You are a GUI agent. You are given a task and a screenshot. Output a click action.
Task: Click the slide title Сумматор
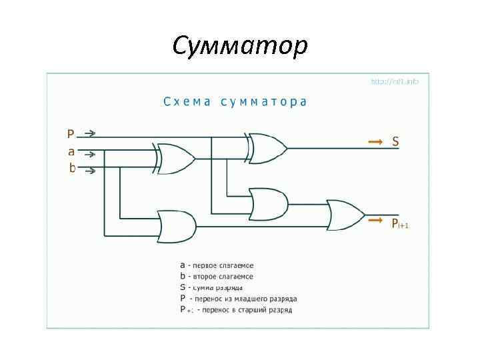tap(240, 46)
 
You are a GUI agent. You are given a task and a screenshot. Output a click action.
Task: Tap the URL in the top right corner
tap(395, 82)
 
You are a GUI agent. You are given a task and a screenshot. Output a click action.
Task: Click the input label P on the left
tap(71, 133)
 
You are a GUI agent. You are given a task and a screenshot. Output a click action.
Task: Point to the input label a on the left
tap(71, 151)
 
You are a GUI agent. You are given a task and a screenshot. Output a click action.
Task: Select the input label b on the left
tap(72, 168)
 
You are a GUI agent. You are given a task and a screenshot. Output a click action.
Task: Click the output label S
tap(395, 141)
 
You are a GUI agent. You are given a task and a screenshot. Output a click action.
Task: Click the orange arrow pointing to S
tap(375, 141)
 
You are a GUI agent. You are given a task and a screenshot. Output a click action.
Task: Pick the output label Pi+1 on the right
tap(399, 224)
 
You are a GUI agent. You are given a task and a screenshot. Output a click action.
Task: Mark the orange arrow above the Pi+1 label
tap(375, 219)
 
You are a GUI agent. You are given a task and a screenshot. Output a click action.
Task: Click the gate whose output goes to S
tap(267, 148)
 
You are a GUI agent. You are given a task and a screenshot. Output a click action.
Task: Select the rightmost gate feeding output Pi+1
tap(345, 215)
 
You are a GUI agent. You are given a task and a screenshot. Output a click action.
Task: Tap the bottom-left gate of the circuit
tap(177, 227)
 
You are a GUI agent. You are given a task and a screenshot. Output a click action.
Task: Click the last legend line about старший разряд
tap(236, 310)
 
